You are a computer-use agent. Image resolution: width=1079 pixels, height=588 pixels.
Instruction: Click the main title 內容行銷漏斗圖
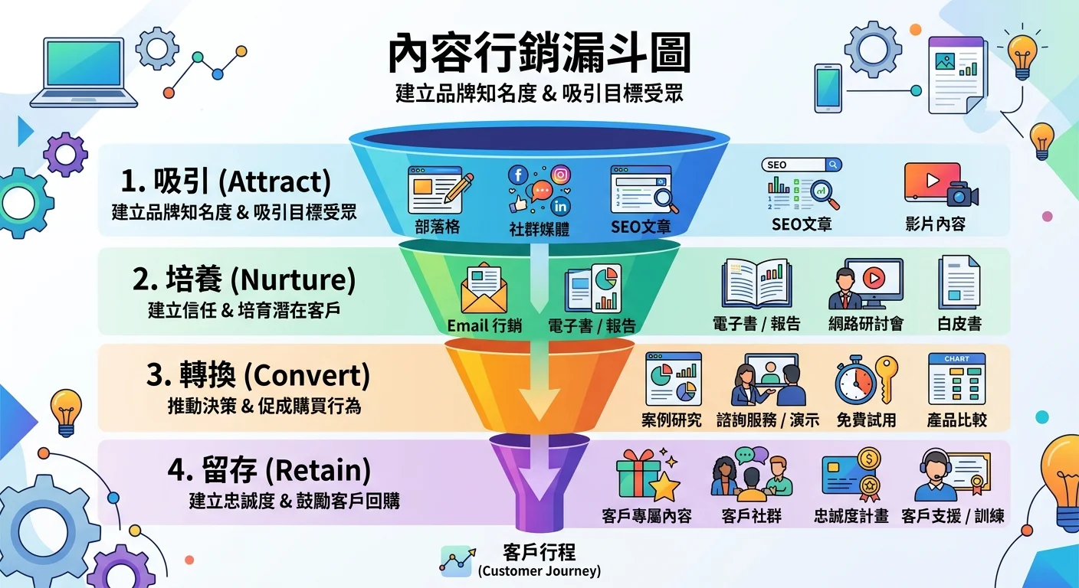pyautogui.click(x=539, y=54)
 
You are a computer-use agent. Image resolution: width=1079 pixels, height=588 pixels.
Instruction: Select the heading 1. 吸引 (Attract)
pyautogui.click(x=226, y=182)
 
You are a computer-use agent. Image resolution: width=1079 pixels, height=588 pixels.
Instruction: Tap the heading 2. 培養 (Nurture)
pyautogui.click(x=244, y=280)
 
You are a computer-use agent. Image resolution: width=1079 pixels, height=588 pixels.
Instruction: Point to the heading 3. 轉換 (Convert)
pyautogui.click(x=257, y=376)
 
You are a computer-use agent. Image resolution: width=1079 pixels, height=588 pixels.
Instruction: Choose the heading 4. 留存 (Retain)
pyautogui.click(x=269, y=469)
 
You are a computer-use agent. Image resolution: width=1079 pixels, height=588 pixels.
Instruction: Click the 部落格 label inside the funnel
pyautogui.click(x=438, y=227)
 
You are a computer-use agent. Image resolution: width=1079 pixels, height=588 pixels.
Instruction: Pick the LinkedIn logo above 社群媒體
pyautogui.click(x=560, y=207)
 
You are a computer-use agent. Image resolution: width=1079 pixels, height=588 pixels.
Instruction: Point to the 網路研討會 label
pyautogui.click(x=866, y=324)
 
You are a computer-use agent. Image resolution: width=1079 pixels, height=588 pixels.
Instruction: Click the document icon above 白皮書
pyautogui.click(x=959, y=283)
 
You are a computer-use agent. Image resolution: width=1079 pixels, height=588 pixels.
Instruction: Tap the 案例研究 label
pyautogui.click(x=671, y=420)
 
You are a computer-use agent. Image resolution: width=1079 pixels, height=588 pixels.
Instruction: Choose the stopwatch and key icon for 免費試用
pyautogui.click(x=865, y=380)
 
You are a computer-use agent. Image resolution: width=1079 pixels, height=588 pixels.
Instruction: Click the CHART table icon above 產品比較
pyautogui.click(x=956, y=379)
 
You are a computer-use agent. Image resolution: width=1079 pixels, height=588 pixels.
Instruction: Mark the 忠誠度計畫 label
pyautogui.click(x=851, y=516)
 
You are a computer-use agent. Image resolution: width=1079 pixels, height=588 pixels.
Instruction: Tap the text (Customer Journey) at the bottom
pyautogui.click(x=539, y=571)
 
